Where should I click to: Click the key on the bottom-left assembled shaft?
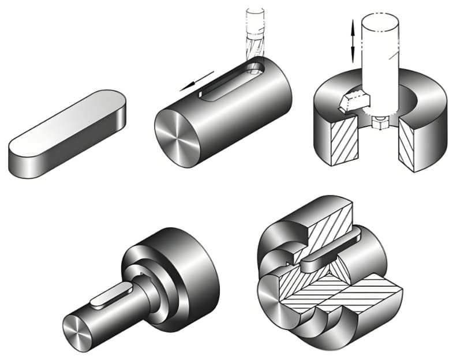(x=110, y=294)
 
